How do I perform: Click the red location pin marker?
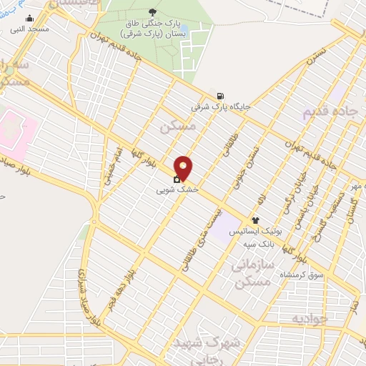click(184, 168)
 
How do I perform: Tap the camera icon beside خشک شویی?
click(177, 179)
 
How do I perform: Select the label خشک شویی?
click(172, 191)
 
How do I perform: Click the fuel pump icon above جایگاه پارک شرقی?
click(219, 96)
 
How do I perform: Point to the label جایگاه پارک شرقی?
click(221, 107)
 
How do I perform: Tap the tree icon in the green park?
click(152, 11)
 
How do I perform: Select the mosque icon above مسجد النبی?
click(29, 18)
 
